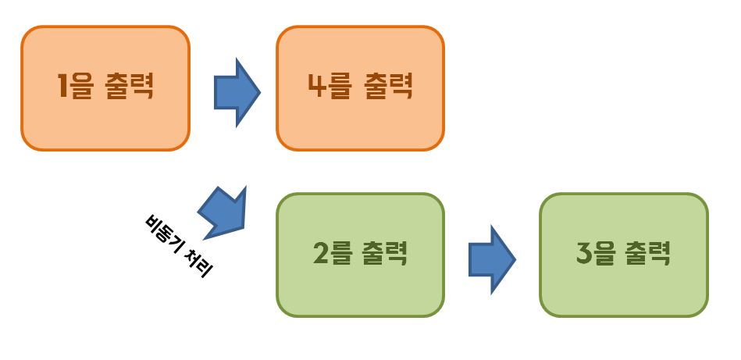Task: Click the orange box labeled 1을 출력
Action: [x=105, y=87]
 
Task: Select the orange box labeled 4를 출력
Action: [x=360, y=87]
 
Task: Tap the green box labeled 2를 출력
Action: [x=360, y=255]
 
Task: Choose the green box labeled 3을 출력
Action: [x=623, y=255]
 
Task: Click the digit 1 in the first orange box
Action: [x=62, y=87]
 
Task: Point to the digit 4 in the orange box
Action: [x=317, y=87]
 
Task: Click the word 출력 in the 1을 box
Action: [x=129, y=87]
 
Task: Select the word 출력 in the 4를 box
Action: [x=389, y=87]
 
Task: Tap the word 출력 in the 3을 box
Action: [x=648, y=255]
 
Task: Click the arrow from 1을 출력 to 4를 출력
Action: [x=236, y=92]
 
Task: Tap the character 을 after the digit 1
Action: [x=84, y=87]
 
